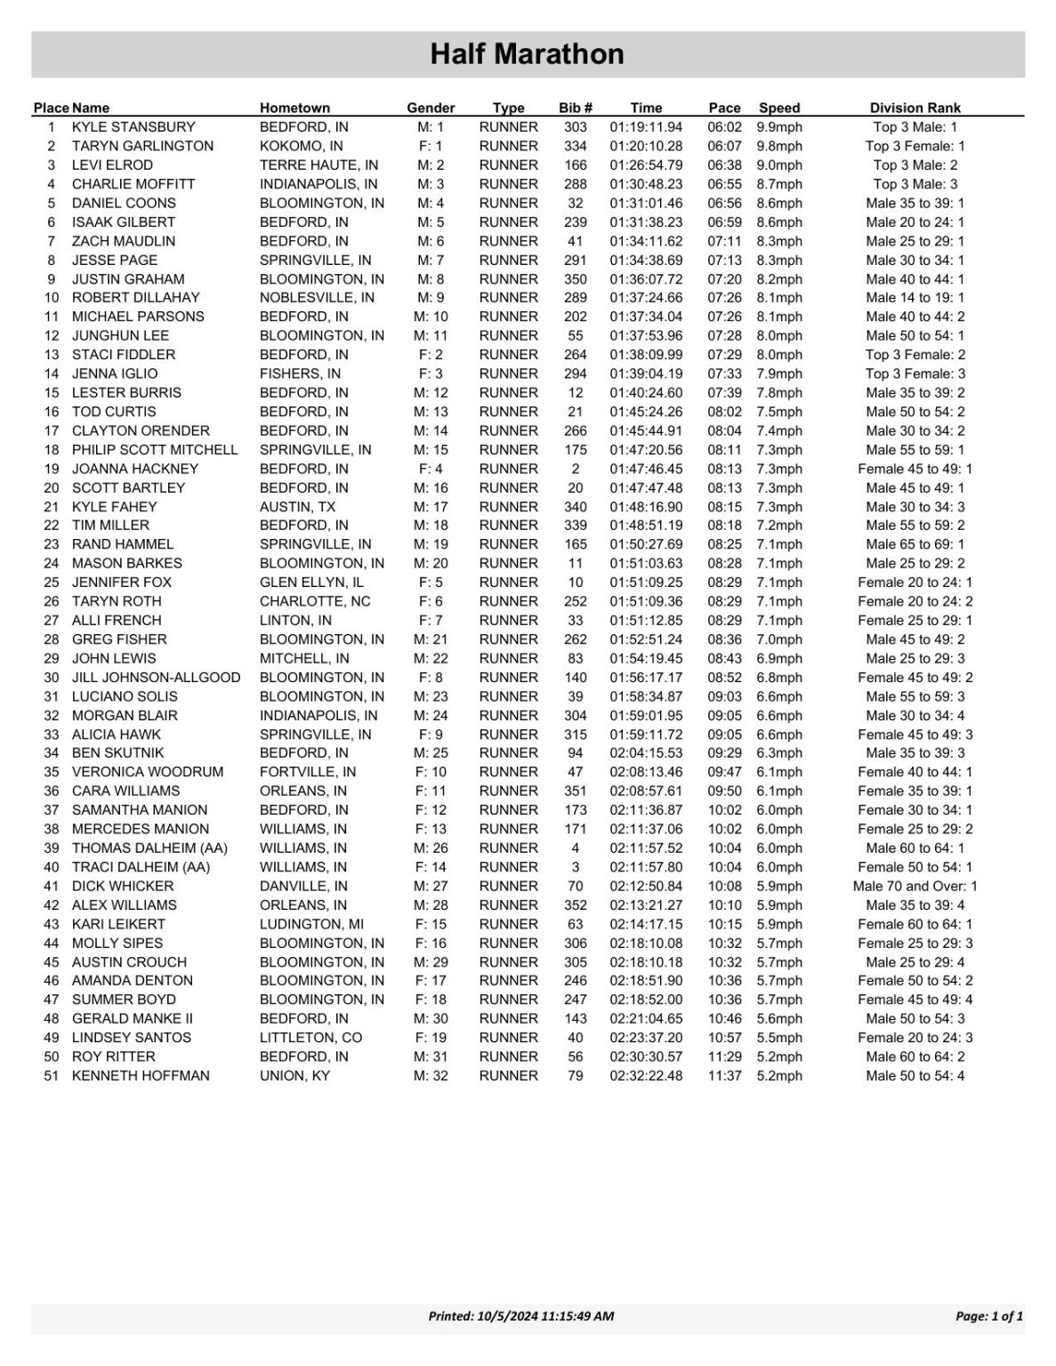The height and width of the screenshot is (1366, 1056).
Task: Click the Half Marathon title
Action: point(527,54)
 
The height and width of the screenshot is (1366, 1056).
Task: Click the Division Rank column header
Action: point(915,108)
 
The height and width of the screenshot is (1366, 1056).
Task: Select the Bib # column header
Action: point(576,108)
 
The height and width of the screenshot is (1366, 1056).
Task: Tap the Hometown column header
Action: point(294,108)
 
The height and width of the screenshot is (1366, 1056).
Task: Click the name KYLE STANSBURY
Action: point(133,127)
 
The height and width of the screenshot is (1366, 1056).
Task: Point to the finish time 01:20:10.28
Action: point(646,146)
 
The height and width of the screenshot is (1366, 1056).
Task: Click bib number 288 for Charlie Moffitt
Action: point(576,184)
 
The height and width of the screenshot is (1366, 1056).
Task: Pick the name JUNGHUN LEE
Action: point(120,336)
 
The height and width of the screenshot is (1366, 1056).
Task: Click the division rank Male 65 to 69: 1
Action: point(915,544)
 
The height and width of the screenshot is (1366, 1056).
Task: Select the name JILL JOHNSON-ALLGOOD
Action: point(156,678)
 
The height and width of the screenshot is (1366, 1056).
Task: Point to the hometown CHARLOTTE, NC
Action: point(315,601)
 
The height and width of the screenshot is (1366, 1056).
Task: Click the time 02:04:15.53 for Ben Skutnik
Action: point(646,753)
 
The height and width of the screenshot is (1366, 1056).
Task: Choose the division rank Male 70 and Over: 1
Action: point(915,886)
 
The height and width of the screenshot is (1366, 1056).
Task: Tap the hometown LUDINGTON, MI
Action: point(311,924)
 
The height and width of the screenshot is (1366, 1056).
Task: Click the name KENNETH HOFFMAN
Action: point(141,1076)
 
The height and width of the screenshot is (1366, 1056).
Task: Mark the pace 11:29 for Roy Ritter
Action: point(724,1057)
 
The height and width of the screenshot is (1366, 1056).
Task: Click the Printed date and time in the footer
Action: point(521,1316)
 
